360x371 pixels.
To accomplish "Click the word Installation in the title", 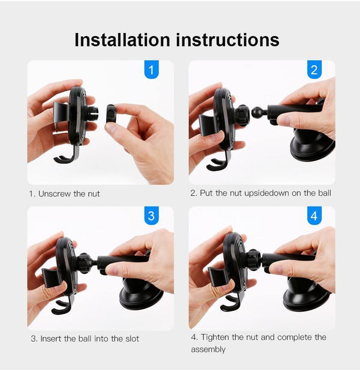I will (x=122, y=40).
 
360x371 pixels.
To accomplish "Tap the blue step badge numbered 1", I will (x=151, y=70).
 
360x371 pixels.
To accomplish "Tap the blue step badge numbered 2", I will (x=314, y=70).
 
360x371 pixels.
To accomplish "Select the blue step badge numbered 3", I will (x=151, y=216).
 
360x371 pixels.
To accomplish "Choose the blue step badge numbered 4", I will (x=314, y=216).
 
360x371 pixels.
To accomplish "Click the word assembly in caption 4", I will (x=208, y=349).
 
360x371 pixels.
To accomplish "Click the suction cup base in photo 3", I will (x=141, y=294).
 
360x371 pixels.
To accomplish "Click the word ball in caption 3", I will (x=89, y=339).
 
